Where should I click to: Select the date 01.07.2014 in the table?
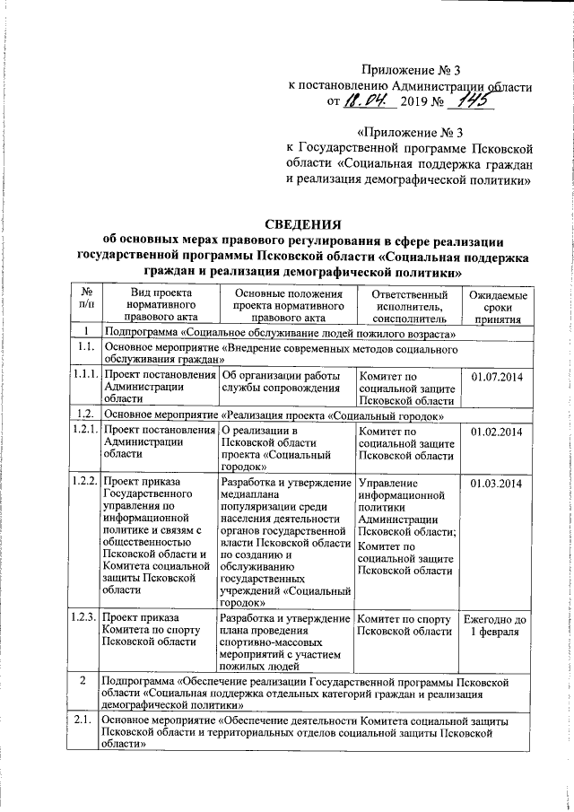(496, 376)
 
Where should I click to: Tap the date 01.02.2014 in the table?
(496, 432)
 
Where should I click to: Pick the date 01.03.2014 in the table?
(496, 485)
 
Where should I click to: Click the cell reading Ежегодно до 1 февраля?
(496, 625)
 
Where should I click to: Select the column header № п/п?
(87, 306)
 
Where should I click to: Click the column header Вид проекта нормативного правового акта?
(161, 306)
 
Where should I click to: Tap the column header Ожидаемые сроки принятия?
(496, 307)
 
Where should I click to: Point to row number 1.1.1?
(86, 376)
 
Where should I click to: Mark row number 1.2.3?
(86, 618)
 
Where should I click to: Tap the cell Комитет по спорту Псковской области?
(405, 625)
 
